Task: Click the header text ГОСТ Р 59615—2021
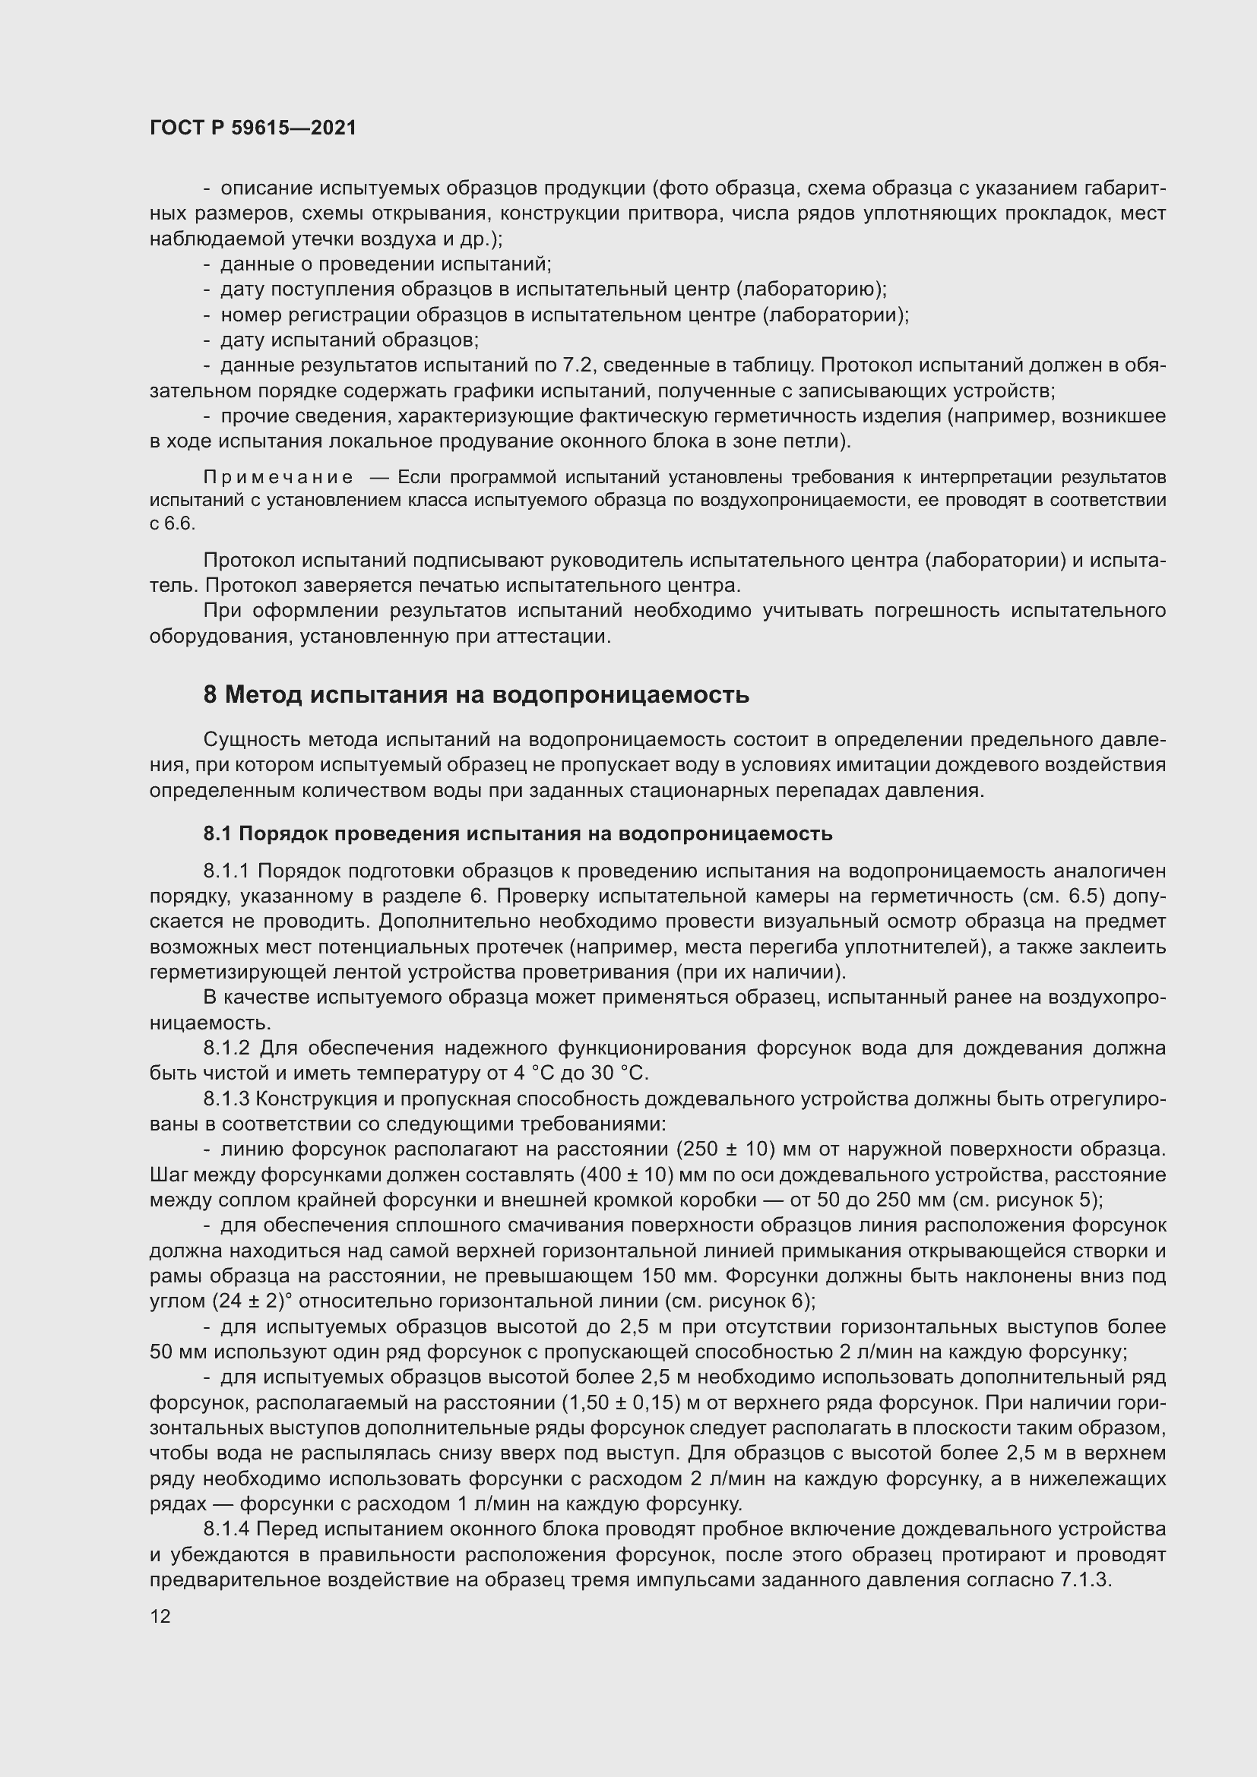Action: (253, 128)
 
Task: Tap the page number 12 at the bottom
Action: (160, 1616)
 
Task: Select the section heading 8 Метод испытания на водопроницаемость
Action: (476, 695)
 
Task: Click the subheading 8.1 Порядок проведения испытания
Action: (517, 833)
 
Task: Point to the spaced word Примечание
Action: (278, 477)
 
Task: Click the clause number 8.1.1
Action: (226, 871)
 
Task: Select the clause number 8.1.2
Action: (226, 1048)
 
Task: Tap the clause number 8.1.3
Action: (226, 1099)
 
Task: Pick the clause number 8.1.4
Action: (226, 1529)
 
